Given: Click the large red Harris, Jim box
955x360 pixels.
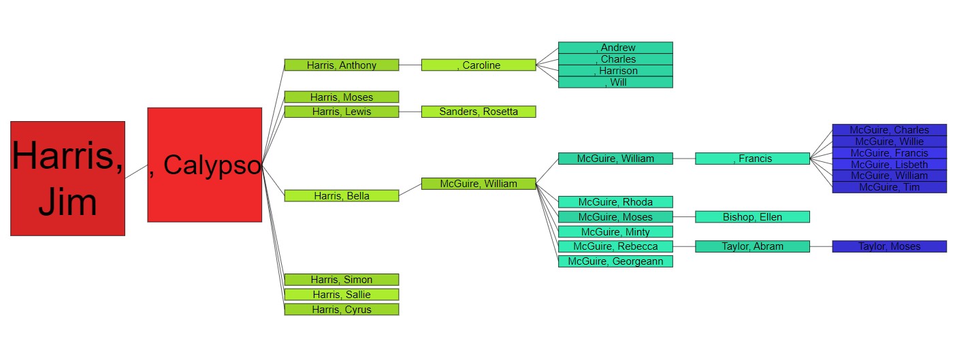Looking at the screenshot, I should point(67,178).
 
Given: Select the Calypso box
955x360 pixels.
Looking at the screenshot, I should point(204,165).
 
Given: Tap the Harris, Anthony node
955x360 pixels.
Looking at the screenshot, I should point(341,65).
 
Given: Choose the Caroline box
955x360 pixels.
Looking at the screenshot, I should point(479,65).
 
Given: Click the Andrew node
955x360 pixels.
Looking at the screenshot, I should point(615,48).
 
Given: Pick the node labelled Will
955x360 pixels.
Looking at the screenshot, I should point(615,82).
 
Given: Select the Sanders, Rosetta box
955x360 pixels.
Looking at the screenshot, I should point(479,112).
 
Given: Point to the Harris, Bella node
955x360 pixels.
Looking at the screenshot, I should point(341,196).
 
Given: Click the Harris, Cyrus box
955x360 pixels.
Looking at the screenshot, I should point(341,310).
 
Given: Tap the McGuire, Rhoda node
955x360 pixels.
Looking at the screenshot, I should point(615,202).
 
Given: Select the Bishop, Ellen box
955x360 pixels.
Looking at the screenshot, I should point(752,217).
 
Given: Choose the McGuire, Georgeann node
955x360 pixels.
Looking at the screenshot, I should point(615,261).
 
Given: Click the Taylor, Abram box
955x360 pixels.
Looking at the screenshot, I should point(752,246).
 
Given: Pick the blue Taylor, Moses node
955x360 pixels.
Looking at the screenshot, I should point(889,246).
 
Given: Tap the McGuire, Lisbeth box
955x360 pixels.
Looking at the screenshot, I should point(889,164).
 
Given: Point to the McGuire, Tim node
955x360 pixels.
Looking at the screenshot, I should point(889,187).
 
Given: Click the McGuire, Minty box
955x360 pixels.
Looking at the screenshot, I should point(615,232).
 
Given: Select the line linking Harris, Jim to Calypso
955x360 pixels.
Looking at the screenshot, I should point(136,171).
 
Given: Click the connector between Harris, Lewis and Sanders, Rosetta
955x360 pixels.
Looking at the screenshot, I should point(410,112).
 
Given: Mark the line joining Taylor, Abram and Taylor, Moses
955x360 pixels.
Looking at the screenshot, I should point(821,246).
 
